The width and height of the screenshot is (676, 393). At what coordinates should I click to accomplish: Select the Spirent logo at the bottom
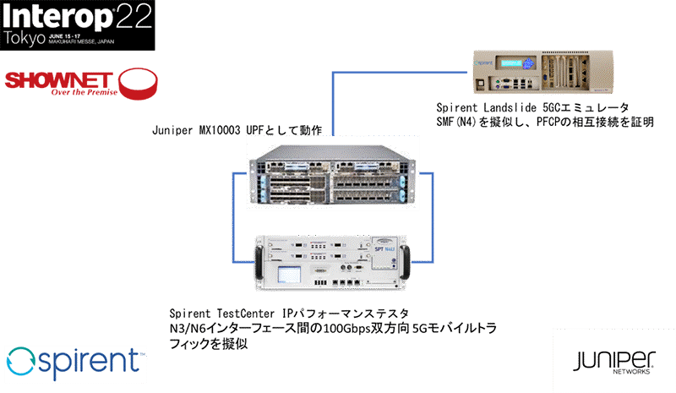click(74, 362)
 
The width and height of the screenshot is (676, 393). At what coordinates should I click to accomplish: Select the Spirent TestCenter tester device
click(330, 260)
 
